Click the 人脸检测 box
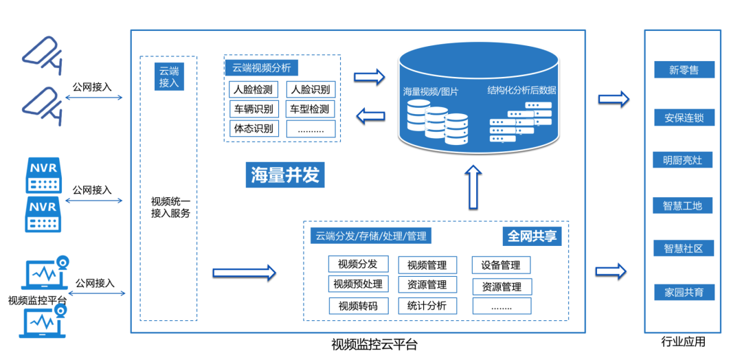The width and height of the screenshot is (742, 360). (254, 89)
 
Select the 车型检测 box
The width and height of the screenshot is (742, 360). (310, 109)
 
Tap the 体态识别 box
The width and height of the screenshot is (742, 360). (254, 128)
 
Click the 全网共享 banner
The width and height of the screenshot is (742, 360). (532, 236)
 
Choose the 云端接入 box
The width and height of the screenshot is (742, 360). (169, 76)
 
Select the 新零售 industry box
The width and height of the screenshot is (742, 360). (684, 69)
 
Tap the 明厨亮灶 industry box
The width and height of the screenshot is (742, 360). (683, 161)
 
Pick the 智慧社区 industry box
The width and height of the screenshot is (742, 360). (684, 248)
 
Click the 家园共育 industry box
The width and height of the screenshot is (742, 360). (684, 292)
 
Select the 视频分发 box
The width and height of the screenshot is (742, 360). (358, 265)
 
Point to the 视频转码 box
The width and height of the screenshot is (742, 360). (358, 306)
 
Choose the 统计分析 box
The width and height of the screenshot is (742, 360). (427, 306)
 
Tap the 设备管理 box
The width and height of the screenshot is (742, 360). (501, 265)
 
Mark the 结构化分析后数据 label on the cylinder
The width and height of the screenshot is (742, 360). (521, 90)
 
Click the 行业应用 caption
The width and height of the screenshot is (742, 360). (683, 341)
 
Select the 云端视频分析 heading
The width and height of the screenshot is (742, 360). (261, 68)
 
